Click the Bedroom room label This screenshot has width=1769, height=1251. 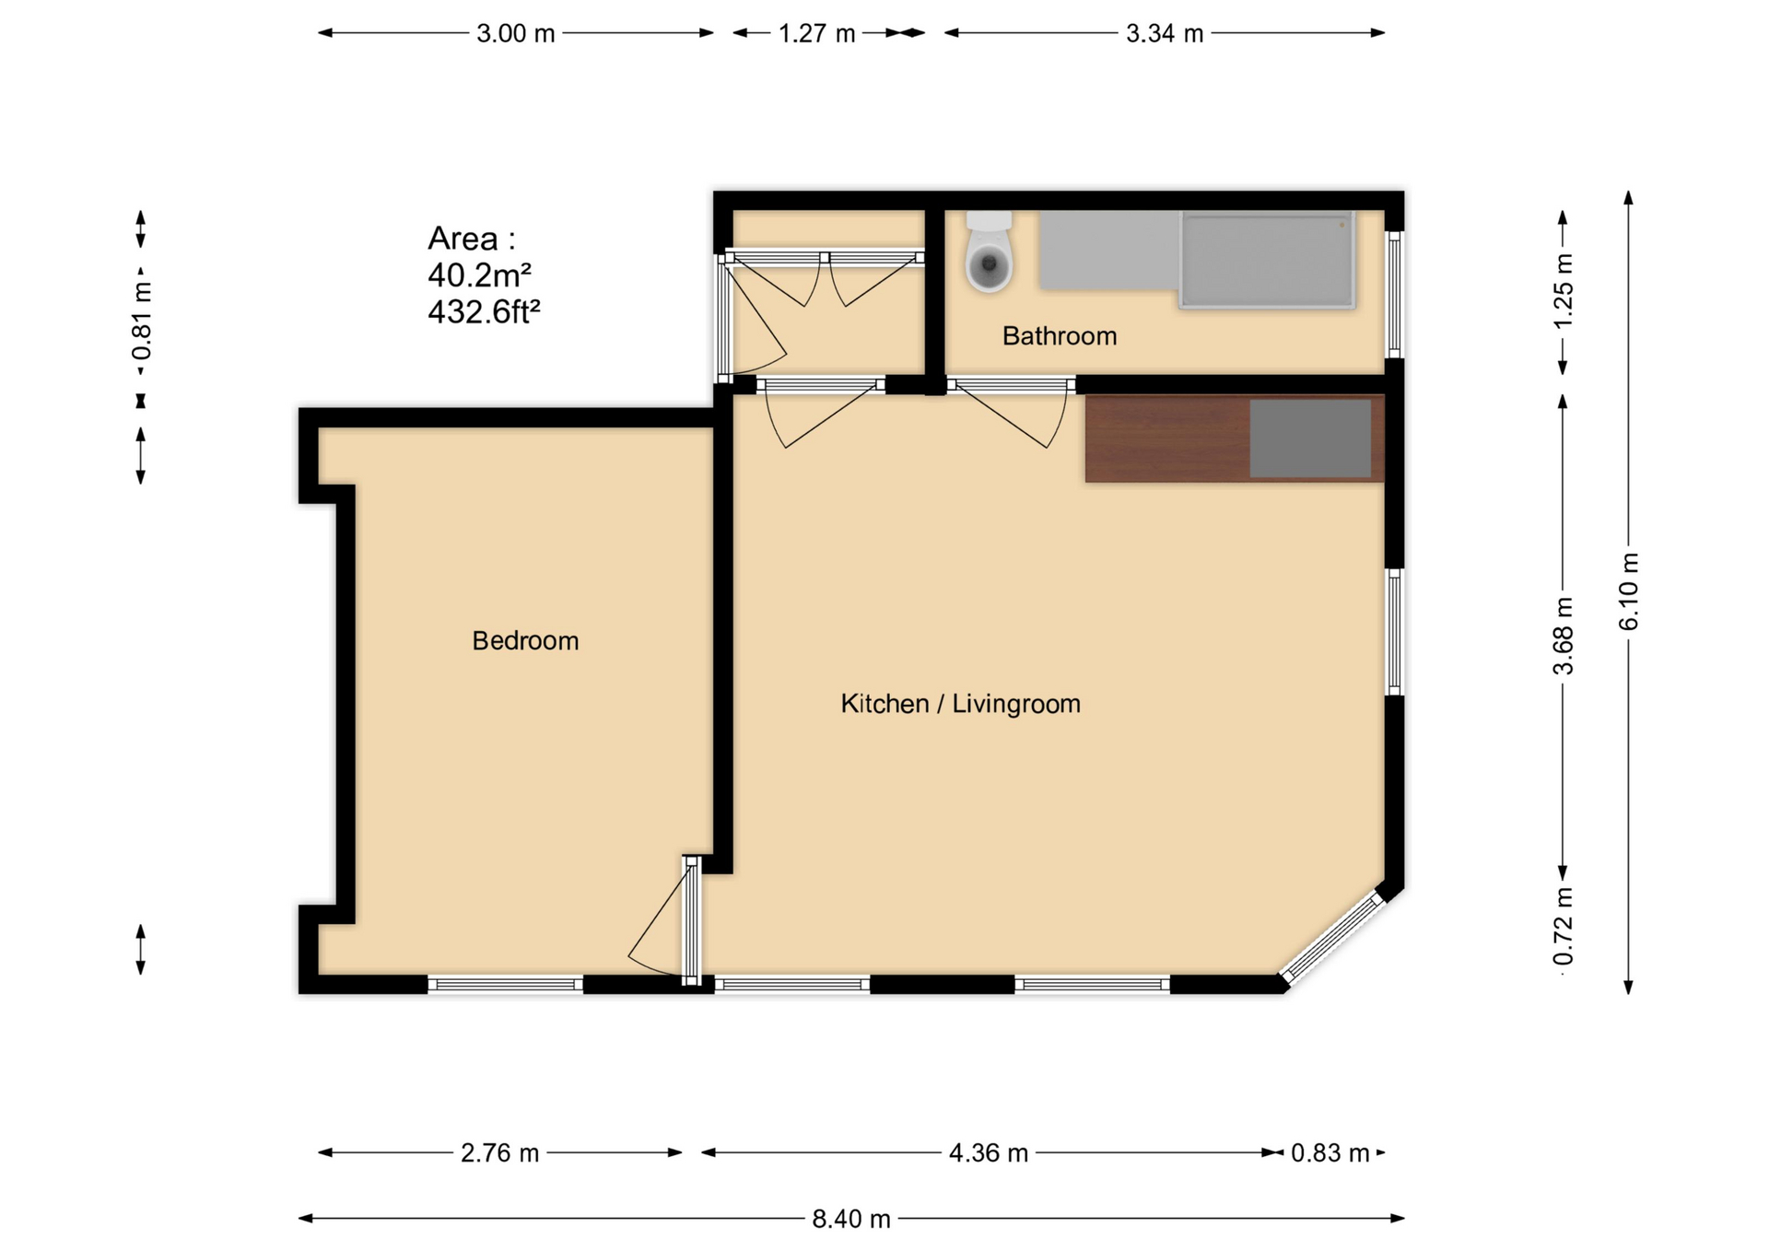[525, 640]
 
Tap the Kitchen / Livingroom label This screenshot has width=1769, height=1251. [960, 704]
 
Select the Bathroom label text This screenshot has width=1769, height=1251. [1060, 336]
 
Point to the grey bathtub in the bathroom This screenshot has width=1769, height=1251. [1267, 260]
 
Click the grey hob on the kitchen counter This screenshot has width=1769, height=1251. [1310, 438]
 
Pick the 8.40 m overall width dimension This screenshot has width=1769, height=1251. [851, 1219]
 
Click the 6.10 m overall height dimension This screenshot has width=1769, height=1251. [1629, 591]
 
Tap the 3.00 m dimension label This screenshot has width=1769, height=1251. [516, 34]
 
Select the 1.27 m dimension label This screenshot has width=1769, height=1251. [817, 34]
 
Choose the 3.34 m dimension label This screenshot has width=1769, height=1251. [1165, 34]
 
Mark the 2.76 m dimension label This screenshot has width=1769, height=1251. [499, 1153]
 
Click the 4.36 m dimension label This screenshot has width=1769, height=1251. [989, 1153]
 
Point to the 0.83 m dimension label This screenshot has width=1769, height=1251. [1330, 1153]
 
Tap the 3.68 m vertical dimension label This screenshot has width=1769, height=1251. [1564, 636]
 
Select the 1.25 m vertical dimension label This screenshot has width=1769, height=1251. [1564, 290]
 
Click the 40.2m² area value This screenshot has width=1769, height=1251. [479, 275]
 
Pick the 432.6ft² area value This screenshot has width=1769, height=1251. [484, 311]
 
